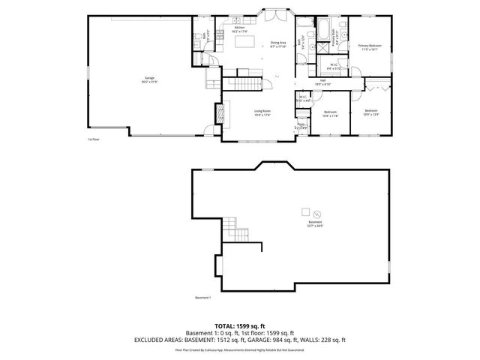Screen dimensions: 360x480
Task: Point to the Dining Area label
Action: click(x=280, y=44)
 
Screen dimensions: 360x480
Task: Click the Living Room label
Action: click(x=262, y=112)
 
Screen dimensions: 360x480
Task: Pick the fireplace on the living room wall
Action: click(x=220, y=112)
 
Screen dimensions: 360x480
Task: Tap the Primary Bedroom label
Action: click(x=370, y=47)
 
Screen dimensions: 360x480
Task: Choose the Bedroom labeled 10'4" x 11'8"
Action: click(x=331, y=113)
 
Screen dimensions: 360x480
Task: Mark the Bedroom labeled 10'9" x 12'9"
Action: click(x=372, y=113)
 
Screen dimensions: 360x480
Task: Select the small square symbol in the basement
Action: click(x=305, y=211)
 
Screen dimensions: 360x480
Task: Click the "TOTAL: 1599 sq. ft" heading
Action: click(x=240, y=326)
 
